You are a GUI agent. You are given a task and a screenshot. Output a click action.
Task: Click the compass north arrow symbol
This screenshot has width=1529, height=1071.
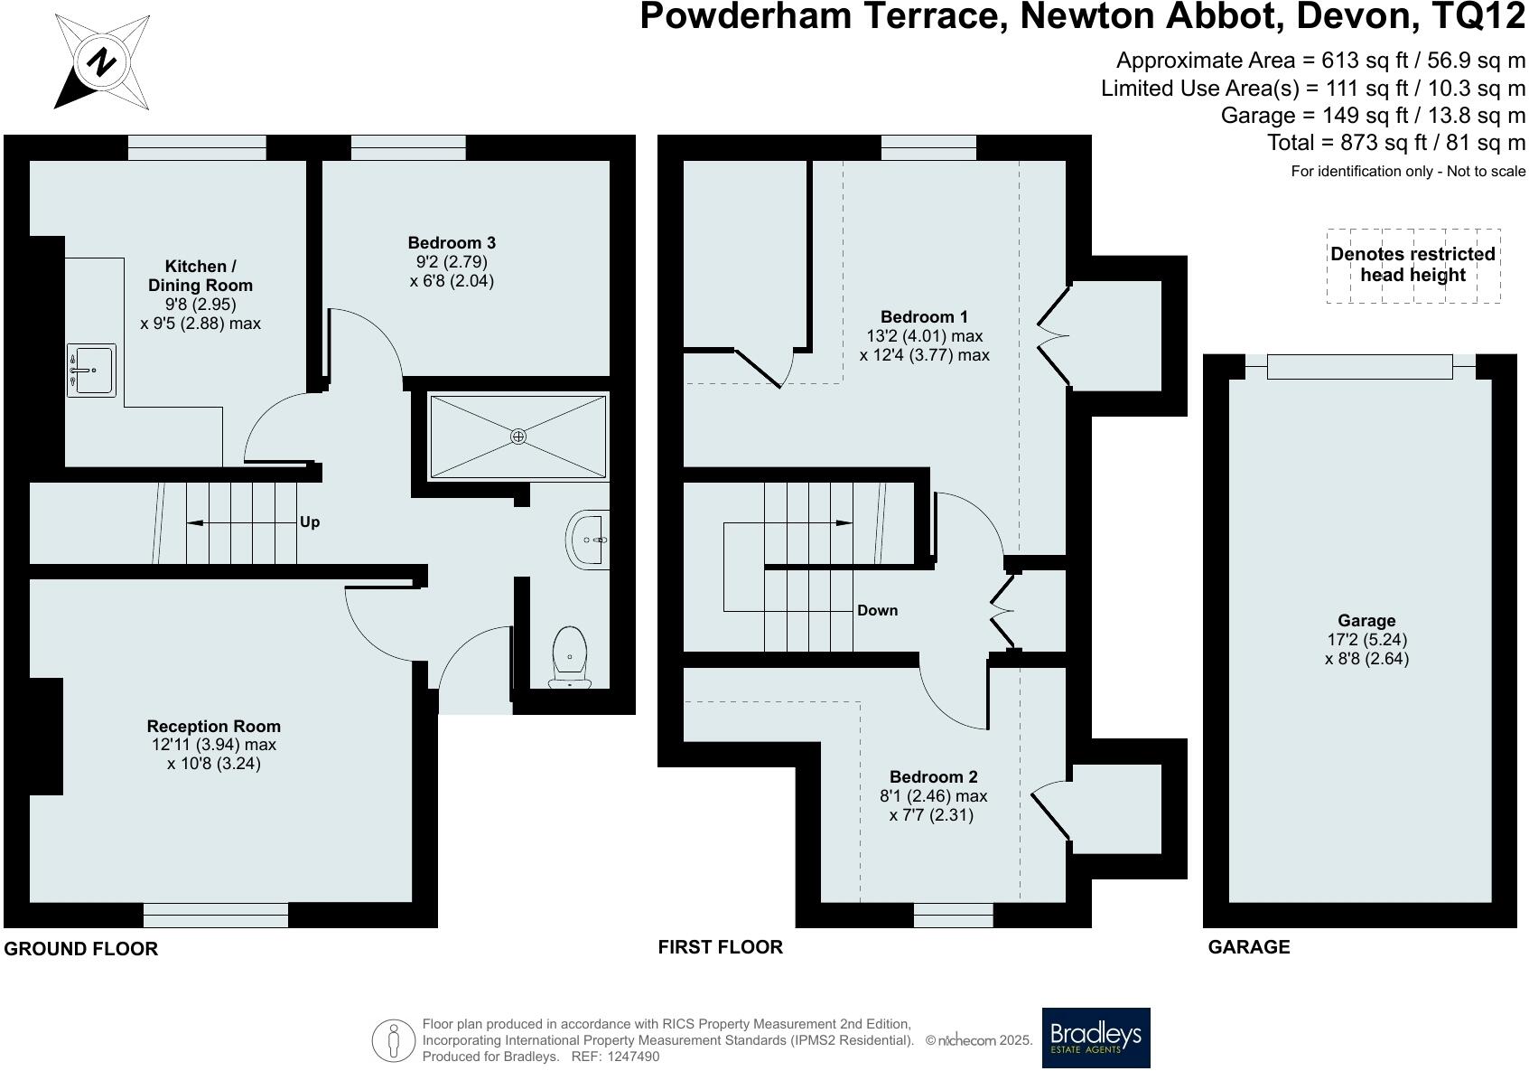101,63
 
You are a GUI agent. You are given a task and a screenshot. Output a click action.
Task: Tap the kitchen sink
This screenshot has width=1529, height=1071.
91,370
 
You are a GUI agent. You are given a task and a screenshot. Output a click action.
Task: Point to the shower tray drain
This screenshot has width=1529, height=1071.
518,437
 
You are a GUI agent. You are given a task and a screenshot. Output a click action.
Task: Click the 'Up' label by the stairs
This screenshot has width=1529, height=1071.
310,522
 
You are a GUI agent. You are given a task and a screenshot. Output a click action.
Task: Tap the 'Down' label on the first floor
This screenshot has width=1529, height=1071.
877,610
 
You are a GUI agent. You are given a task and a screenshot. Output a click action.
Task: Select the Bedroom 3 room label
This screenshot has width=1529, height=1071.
452,242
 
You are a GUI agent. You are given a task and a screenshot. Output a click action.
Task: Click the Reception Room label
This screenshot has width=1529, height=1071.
214,726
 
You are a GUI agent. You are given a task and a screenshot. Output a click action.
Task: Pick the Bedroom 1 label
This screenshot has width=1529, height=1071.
924,316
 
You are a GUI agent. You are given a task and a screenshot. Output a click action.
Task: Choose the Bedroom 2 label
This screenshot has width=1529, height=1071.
933,776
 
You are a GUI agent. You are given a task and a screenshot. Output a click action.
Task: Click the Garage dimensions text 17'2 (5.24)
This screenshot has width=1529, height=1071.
1366,639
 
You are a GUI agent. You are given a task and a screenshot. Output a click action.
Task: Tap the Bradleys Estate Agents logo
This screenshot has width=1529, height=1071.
1095,1038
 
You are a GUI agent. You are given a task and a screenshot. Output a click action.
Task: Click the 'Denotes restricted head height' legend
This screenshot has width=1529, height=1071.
1412,265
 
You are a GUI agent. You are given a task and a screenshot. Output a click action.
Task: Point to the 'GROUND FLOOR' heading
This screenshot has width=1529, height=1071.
81,948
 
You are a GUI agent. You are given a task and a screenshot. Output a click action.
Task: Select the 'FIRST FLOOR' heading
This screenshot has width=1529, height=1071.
720,946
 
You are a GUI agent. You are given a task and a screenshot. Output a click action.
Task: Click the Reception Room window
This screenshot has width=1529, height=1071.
216,915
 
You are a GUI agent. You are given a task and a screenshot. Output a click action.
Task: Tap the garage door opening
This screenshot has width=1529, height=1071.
1359,366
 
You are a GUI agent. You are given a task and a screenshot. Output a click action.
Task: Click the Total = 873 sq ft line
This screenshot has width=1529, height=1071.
1396,142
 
